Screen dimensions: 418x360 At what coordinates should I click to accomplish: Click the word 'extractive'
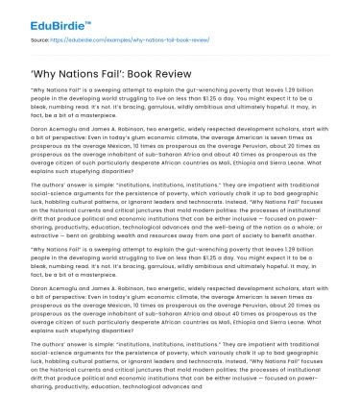(43, 231)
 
